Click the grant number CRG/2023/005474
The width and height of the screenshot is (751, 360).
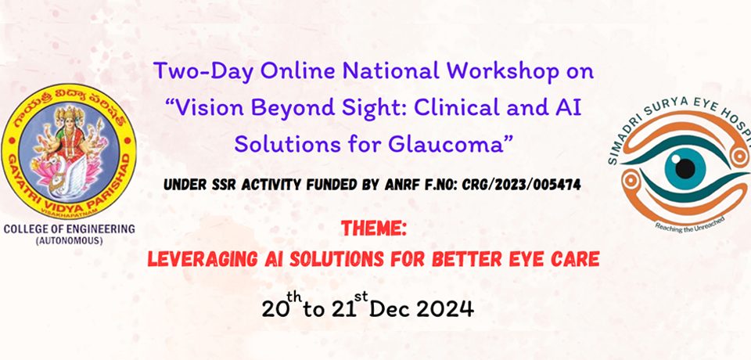(x=522, y=185)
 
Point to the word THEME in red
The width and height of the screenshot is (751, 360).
(x=374, y=229)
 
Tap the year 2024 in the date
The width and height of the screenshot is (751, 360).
(x=444, y=308)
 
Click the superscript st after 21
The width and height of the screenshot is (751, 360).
(x=362, y=297)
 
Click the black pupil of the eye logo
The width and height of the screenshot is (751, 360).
(x=685, y=168)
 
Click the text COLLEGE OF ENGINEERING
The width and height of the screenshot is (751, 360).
(x=70, y=229)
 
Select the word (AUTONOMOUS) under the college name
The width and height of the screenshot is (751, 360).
(x=70, y=241)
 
